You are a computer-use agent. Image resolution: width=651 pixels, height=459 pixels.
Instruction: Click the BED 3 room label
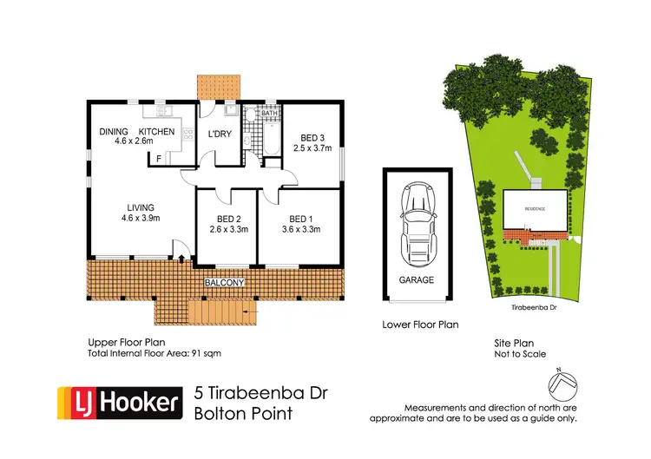tap(312, 138)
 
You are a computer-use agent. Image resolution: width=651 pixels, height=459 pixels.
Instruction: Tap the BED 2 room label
tap(229, 218)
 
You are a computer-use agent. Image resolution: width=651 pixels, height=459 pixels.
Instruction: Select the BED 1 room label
tap(300, 218)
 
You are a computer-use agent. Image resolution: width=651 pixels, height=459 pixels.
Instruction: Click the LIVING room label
tap(141, 207)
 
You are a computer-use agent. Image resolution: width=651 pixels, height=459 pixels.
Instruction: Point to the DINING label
tap(114, 131)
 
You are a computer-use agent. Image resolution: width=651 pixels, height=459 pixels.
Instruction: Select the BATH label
tap(269, 113)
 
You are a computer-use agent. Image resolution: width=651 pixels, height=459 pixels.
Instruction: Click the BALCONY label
tap(224, 284)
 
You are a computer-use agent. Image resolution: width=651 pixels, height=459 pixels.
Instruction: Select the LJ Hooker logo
tap(120, 403)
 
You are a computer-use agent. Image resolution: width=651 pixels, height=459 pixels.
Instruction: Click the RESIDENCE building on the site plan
tap(536, 211)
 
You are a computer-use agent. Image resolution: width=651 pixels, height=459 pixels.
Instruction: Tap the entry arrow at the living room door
tap(181, 256)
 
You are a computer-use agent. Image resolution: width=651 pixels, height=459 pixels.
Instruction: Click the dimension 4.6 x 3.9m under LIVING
tap(141, 219)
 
